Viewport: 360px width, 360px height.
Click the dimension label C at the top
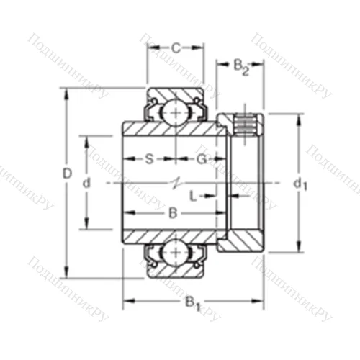(175, 49)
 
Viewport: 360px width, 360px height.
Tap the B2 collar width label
(241, 68)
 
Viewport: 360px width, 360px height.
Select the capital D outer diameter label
(67, 174)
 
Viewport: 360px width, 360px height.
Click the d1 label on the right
(300, 184)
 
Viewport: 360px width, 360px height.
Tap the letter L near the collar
(192, 195)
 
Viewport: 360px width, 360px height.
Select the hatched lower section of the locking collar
(241, 240)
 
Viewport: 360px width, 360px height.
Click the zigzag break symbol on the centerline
(174, 184)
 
